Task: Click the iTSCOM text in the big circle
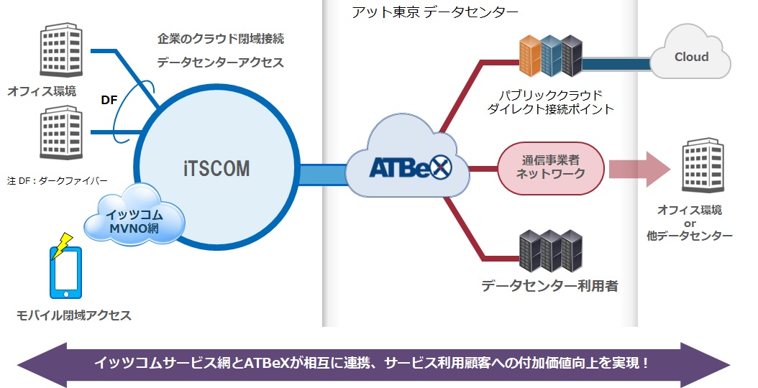(216, 169)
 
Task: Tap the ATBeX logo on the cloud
(411, 167)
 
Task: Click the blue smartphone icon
(66, 273)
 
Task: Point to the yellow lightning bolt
(63, 246)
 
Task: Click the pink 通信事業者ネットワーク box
(551, 168)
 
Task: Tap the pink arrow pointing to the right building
(639, 169)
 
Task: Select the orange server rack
(530, 55)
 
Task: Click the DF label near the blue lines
(109, 100)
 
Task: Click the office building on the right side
(703, 165)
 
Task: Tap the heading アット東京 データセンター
(435, 12)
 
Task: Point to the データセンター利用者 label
(549, 286)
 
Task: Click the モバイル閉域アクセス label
(74, 315)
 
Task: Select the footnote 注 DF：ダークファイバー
(58, 181)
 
